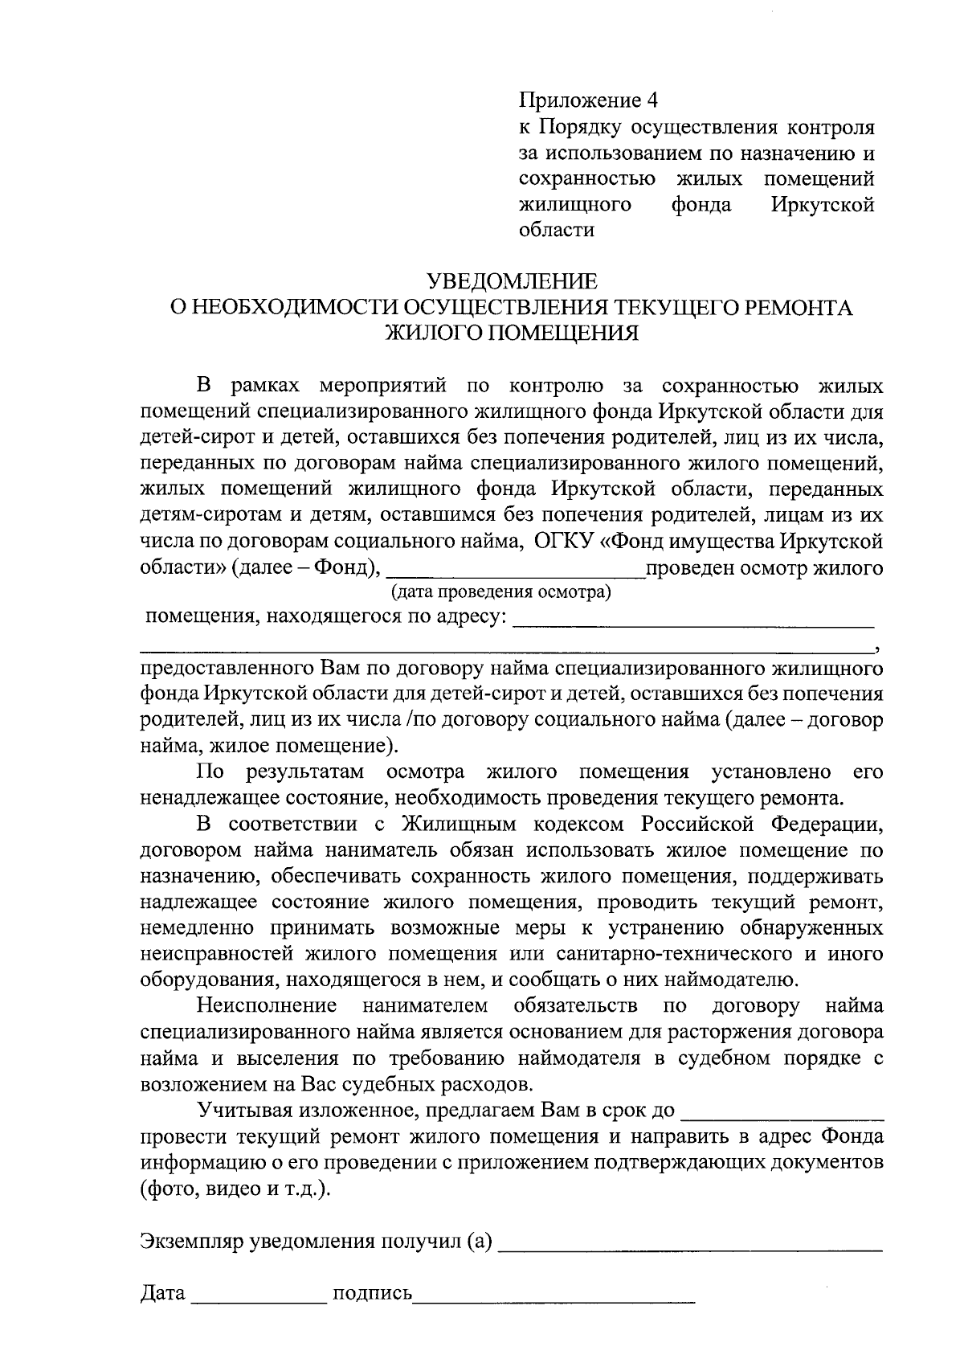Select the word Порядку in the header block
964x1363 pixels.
578,127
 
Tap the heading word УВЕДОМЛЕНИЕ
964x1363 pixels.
512,281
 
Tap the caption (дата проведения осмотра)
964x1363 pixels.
500,593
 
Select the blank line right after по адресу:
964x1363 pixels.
692,621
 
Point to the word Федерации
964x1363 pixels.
827,824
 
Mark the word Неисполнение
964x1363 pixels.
267,1006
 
